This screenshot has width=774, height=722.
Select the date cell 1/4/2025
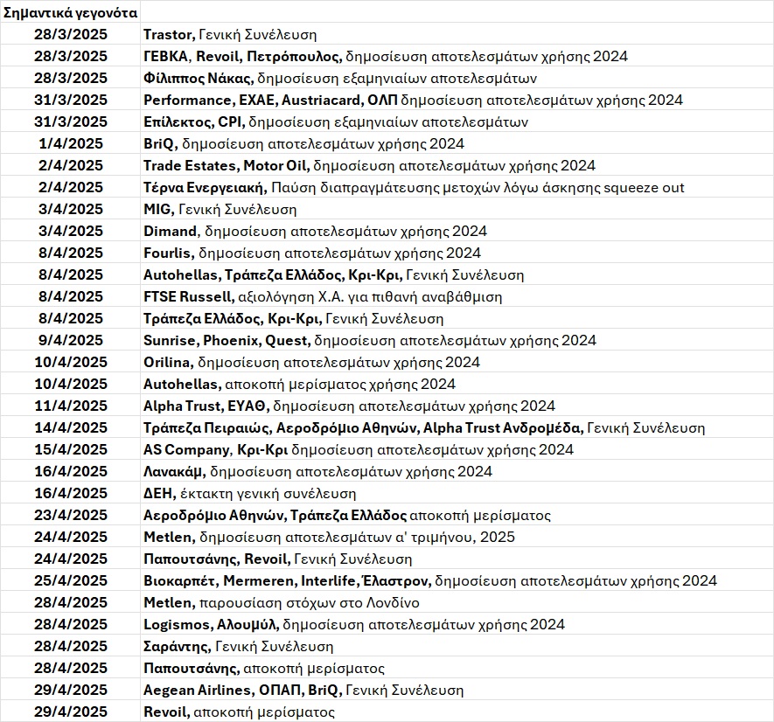click(x=71, y=144)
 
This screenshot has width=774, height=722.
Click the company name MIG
click(x=158, y=210)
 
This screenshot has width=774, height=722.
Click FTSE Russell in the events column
click(x=188, y=297)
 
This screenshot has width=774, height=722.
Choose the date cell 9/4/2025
click(x=71, y=341)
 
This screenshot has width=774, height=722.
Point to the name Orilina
click(x=168, y=363)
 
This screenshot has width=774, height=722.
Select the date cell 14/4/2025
click(x=71, y=428)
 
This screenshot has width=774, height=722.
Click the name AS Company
click(x=188, y=450)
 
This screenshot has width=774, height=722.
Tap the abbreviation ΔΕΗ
click(x=158, y=494)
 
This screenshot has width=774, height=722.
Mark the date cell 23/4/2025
click(x=71, y=516)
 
